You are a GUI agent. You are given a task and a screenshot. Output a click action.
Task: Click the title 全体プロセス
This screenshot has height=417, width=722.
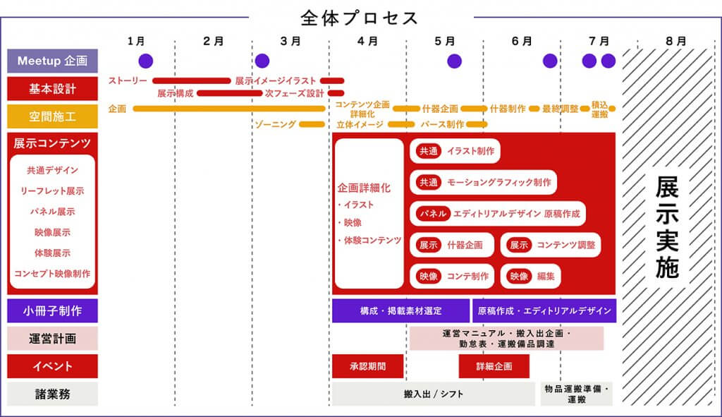pyautogui.click(x=359, y=18)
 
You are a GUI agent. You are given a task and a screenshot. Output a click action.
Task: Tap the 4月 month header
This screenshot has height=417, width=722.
pyautogui.click(x=367, y=42)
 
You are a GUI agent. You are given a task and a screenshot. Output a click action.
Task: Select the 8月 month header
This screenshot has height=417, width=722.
pyautogui.click(x=676, y=42)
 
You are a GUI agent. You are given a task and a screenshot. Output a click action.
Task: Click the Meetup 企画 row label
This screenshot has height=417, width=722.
pyautogui.click(x=52, y=61)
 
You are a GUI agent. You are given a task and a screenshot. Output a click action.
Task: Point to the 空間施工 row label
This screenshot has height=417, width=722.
pyautogui.click(x=52, y=116)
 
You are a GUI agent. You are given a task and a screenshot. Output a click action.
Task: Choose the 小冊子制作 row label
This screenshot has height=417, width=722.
pyautogui.click(x=52, y=310)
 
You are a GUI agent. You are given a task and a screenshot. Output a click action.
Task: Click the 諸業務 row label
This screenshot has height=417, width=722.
pyautogui.click(x=52, y=394)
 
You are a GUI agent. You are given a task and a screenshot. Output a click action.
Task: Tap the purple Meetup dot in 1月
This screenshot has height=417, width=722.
pyautogui.click(x=145, y=61)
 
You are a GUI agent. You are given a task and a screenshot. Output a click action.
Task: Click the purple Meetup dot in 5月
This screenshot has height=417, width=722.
pyautogui.click(x=454, y=61)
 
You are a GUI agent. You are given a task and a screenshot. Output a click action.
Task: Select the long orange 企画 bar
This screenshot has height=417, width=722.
pyautogui.click(x=229, y=109)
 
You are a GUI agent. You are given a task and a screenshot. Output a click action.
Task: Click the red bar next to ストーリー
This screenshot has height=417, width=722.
pyautogui.click(x=192, y=80)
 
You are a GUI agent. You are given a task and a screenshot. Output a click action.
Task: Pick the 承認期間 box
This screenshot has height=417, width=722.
pyautogui.click(x=367, y=366)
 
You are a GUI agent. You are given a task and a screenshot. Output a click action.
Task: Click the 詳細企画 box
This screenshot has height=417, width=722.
pyautogui.click(x=494, y=366)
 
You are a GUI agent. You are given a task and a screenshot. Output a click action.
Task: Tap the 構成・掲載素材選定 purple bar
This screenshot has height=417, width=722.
pyautogui.click(x=400, y=310)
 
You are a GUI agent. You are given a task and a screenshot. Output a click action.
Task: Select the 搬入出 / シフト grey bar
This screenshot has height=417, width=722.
pyautogui.click(x=434, y=394)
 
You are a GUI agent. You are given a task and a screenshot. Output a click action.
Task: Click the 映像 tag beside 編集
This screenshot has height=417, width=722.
pyautogui.click(x=519, y=276)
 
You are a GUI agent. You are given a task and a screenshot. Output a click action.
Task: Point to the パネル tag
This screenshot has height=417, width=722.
pyautogui.click(x=432, y=213)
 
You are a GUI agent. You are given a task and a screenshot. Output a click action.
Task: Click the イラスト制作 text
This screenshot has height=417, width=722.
pyautogui.click(x=470, y=151)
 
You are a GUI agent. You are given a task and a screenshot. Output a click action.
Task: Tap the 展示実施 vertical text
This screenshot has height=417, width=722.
pyautogui.click(x=667, y=226)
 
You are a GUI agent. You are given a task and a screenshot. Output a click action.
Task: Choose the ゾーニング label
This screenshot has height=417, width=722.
pyautogui.click(x=276, y=124)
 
